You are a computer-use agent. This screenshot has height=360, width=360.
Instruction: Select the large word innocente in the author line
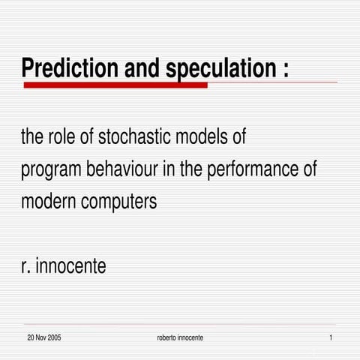click(71, 265)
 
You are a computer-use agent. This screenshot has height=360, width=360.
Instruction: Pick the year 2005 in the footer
click(55, 338)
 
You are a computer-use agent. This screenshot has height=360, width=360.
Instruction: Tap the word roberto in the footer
click(166, 338)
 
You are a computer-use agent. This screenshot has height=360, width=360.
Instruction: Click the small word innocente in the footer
click(190, 338)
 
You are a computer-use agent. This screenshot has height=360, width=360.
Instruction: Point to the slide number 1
click(331, 338)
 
